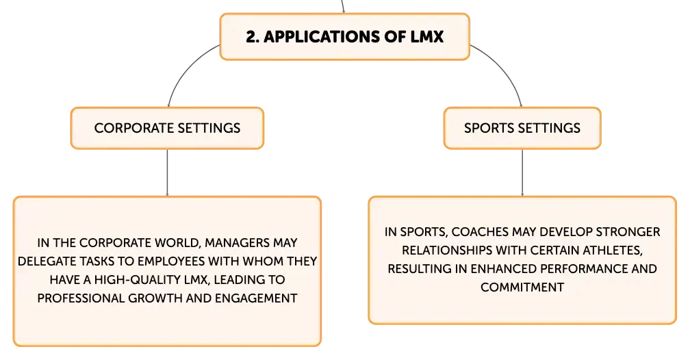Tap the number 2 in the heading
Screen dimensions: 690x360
point(251,36)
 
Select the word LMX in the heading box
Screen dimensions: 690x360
point(427,36)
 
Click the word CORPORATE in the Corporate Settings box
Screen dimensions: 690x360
point(129,128)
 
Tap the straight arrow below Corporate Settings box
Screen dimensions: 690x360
point(167,172)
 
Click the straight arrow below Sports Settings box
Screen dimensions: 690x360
point(522,172)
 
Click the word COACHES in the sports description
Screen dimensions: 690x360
point(476,232)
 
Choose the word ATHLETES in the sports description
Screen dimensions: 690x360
point(613,250)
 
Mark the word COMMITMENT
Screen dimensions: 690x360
point(522,287)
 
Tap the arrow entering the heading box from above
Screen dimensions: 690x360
point(342,6)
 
